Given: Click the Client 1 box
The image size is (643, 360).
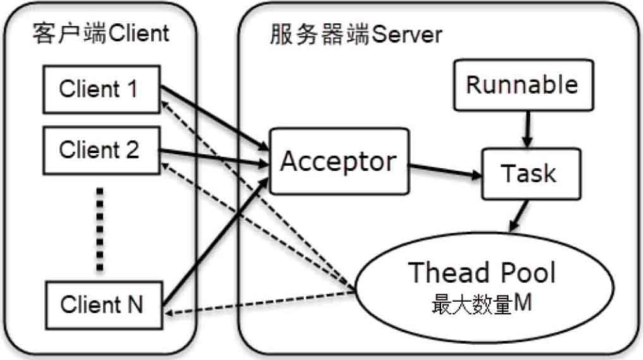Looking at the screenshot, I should point(99,89).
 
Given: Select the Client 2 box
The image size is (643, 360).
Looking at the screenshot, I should point(99,150).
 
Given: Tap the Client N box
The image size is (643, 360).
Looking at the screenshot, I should point(102,305).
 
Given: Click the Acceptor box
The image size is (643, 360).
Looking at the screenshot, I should point(338,161).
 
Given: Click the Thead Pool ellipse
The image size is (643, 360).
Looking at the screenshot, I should point(484,291).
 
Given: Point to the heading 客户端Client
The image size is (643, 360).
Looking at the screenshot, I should point(101,33).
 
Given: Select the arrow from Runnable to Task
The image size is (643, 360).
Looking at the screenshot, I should point(525,130).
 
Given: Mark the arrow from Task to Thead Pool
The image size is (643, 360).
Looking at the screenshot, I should point(518,215).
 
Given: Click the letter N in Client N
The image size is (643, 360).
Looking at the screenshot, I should point(135,305).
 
